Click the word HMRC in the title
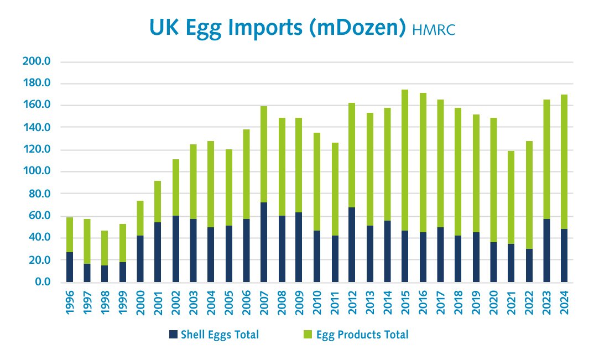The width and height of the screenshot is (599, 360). pos(434,29)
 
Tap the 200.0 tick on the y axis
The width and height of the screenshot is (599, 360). pos(37,61)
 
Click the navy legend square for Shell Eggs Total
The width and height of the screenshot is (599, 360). pos(173,334)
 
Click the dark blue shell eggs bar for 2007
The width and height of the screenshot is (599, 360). pos(264,243)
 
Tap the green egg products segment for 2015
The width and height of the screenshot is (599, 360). pos(405,160)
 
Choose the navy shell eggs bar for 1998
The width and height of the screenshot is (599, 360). pos(105,274)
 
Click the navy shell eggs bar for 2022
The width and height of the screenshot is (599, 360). pos(529,265)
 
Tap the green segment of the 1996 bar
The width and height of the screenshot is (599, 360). pos(70,235)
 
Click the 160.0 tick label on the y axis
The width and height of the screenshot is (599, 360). pos(37,106)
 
